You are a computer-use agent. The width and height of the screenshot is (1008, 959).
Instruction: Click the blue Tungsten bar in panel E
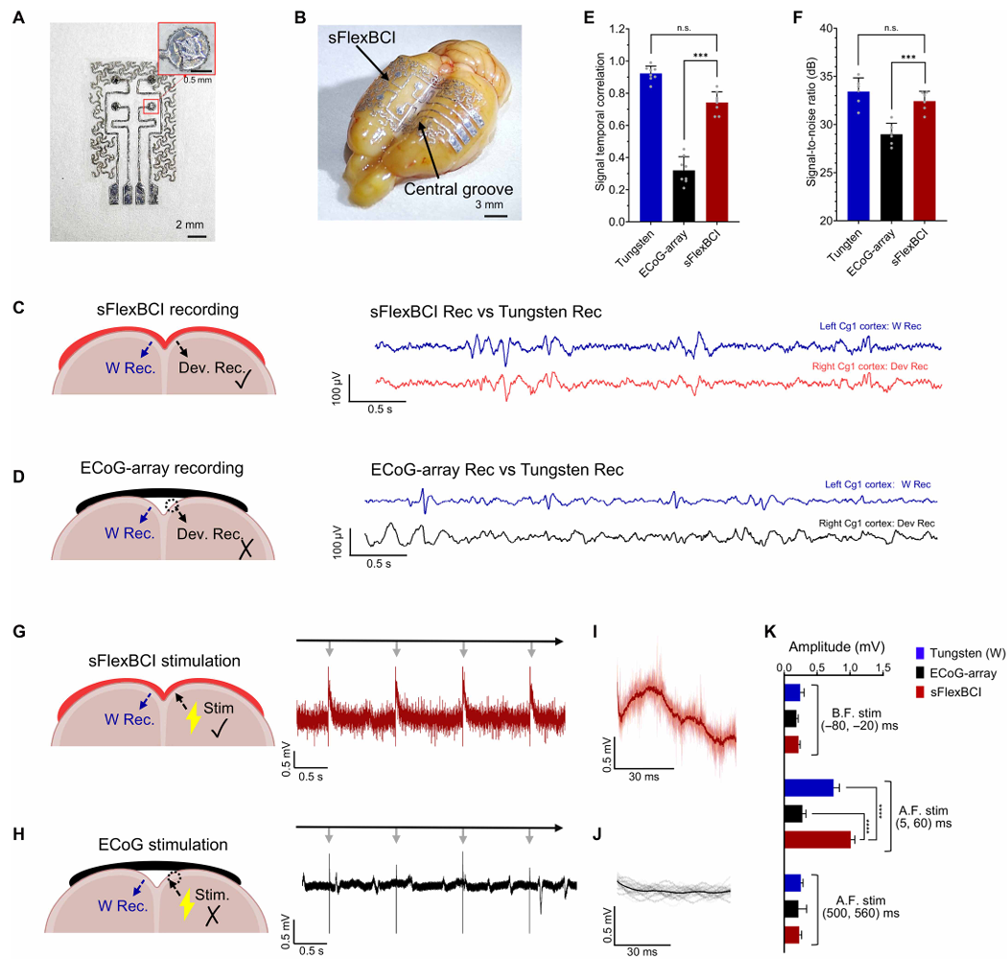[x=651, y=147]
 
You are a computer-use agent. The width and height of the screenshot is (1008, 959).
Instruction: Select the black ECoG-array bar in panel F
[x=891, y=177]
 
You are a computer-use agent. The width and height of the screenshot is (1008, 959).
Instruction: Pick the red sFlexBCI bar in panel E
[x=716, y=162]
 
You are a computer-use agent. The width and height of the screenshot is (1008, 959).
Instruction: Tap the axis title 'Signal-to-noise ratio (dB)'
[x=811, y=122]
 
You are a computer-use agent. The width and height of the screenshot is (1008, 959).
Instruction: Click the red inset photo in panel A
[x=186, y=48]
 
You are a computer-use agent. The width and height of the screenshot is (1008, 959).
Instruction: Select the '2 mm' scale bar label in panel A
[x=190, y=225]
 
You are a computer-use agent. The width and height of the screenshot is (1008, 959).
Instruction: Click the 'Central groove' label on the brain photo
[x=458, y=189]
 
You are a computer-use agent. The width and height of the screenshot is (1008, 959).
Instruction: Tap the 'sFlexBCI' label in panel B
[x=362, y=38]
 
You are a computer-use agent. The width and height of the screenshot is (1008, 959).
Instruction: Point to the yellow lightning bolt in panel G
[x=192, y=717]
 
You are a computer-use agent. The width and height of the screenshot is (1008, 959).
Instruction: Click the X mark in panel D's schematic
[x=246, y=549]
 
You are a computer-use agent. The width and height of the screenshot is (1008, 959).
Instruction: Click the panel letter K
[x=770, y=632]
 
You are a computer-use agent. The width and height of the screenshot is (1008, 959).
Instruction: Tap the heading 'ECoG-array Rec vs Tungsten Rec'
[x=497, y=470]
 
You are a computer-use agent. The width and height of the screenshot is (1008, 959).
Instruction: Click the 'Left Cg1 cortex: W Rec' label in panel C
[x=870, y=326]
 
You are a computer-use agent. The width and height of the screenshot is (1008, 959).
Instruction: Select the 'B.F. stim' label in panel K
[x=856, y=713]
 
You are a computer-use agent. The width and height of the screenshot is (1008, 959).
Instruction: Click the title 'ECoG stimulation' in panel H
[x=163, y=844]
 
